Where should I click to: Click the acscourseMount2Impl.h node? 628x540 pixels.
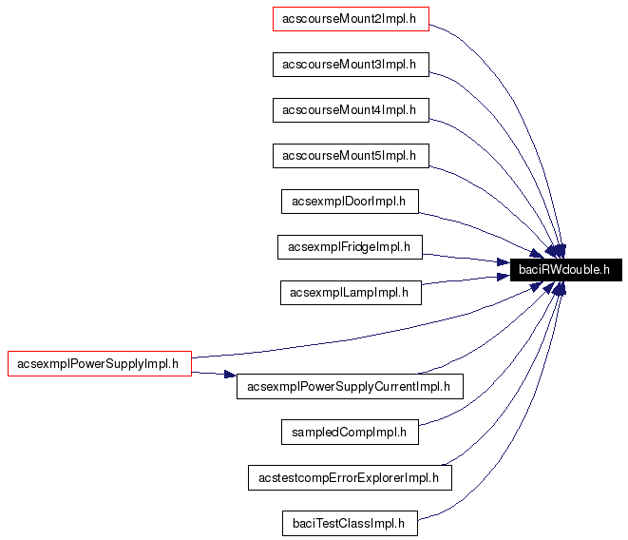click(351, 19)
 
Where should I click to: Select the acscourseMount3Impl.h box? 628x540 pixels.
click(351, 65)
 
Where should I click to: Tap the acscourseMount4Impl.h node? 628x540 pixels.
click(351, 110)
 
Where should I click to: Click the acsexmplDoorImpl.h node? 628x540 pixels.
click(350, 202)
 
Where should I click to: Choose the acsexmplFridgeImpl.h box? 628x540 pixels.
click(350, 247)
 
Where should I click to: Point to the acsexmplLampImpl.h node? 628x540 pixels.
click(350, 293)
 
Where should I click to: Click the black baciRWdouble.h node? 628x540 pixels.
click(566, 271)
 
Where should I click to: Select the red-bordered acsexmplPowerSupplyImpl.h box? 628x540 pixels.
click(99, 363)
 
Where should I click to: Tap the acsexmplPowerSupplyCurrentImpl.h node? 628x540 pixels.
click(349, 386)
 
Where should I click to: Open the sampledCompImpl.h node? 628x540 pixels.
click(350, 432)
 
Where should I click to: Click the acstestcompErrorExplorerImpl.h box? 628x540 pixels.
click(349, 477)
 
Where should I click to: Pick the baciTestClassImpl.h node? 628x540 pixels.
click(350, 523)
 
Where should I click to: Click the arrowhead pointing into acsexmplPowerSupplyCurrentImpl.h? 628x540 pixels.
click(229, 376)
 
